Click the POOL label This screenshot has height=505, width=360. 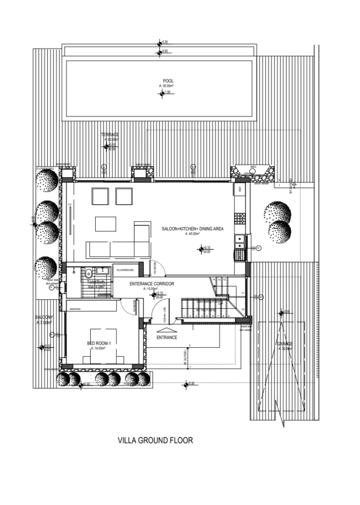[x=168, y=81]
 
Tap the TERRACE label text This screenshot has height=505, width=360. [x=110, y=135]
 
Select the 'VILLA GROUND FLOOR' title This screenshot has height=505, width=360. [x=155, y=440]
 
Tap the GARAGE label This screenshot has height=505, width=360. [x=285, y=344]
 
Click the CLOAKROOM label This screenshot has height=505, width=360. [x=125, y=270]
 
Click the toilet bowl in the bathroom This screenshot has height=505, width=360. [x=88, y=273]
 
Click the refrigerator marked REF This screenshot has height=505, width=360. [x=240, y=189]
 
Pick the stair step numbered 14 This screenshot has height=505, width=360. [x=214, y=280]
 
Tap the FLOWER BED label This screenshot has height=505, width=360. [x=47, y=169]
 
